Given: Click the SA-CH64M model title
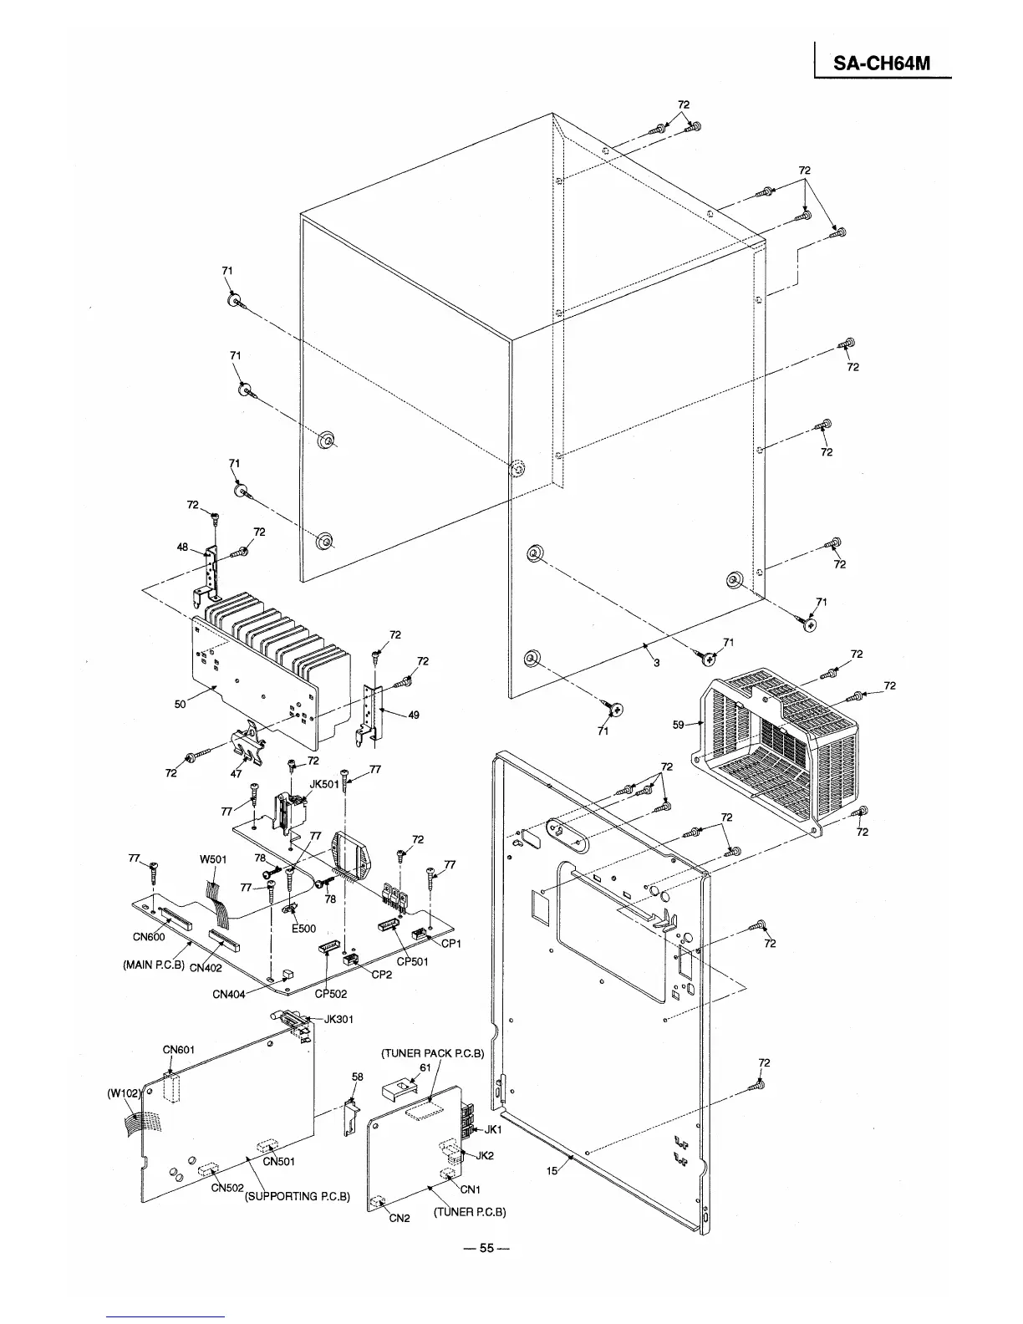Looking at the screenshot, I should [883, 64].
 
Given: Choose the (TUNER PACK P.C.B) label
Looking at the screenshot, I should [433, 1053].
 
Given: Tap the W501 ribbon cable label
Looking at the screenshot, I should [213, 859].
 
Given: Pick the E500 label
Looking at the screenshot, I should [303, 929].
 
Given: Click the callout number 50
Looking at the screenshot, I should [180, 705].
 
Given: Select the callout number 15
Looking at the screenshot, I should [552, 1171].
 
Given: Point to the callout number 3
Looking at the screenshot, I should [656, 662].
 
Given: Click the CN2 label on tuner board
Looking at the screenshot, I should [400, 1218].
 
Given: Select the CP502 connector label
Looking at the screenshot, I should [331, 994].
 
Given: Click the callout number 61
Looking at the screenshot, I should [425, 1067].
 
